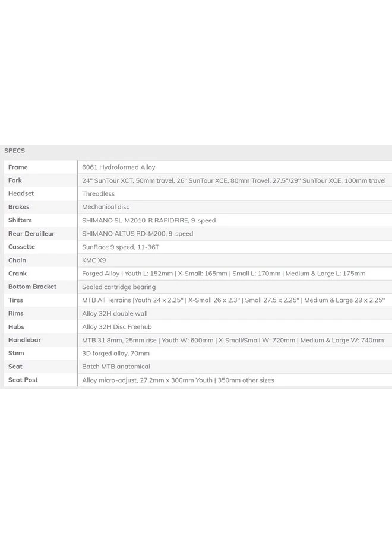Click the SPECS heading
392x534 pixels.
point(14,151)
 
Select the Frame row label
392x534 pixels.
point(18,167)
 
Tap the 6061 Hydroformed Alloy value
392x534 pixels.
point(119,167)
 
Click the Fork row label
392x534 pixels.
point(15,180)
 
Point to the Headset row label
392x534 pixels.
point(21,193)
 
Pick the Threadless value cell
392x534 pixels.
point(98,194)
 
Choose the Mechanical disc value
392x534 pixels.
point(105,207)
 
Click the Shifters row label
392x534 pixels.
point(20,220)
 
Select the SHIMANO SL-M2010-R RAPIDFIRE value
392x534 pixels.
point(148,220)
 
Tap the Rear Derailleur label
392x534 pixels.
point(31,234)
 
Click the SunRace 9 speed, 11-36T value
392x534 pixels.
point(121,247)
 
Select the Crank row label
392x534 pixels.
point(17,274)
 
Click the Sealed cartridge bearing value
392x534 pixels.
point(119,287)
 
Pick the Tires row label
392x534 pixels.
point(15,300)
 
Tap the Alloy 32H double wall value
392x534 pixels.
point(115,313)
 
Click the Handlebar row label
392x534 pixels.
point(24,340)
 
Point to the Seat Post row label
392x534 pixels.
point(23,380)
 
